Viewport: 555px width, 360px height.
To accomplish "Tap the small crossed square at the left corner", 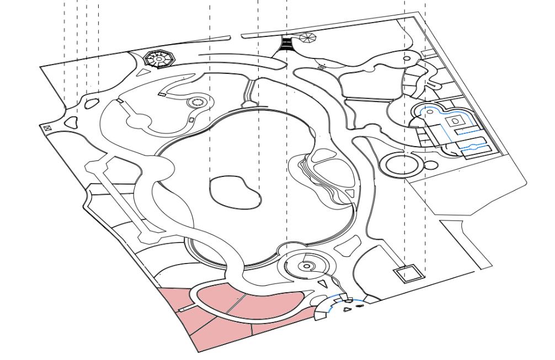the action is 47,128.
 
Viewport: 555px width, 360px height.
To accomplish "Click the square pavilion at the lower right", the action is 407,273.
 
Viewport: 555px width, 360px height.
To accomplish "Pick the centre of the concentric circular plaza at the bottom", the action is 307,266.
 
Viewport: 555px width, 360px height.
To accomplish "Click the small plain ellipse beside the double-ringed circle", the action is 431,164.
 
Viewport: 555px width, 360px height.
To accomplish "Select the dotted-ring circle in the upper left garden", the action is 197,102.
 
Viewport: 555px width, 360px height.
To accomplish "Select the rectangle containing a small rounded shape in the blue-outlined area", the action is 456,120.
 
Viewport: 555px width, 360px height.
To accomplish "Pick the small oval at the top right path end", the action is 407,57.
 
